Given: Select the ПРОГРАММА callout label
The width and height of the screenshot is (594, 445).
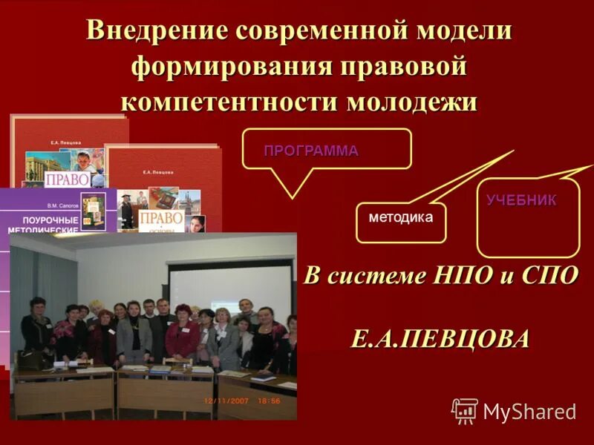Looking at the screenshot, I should [311, 151].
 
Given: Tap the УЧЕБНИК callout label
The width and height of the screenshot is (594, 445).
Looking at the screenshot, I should [521, 200].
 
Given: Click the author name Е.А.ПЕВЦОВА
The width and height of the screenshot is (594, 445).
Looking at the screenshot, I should [440, 338].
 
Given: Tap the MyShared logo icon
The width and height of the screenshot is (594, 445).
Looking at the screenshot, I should [465, 410].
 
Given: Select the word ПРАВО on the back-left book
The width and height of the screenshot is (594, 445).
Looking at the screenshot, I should [68, 180].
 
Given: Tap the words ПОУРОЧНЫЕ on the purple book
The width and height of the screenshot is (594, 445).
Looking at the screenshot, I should [50, 220].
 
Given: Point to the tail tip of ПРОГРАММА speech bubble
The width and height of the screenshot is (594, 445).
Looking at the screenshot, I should [292, 198].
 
